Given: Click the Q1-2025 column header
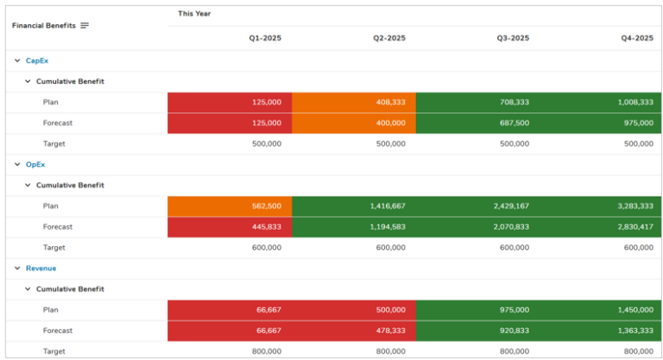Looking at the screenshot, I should coord(265,38).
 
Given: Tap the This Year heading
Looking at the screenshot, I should coord(194,14).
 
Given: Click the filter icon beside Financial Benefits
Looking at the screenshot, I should coord(85,26).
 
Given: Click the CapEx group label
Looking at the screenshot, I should coord(37,60).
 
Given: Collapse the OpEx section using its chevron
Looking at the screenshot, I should coord(16,164).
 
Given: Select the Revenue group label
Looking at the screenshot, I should coord(41,268).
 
